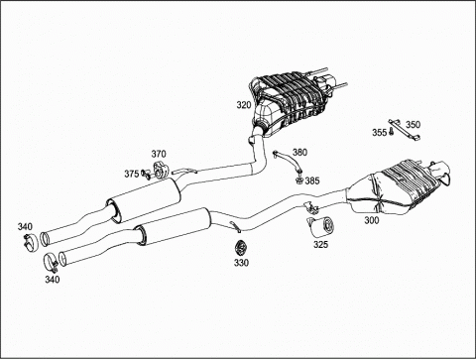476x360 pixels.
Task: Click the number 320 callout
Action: coord(244,105)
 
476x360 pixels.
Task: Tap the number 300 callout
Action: coord(372,220)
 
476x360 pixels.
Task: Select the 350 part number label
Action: coord(413,125)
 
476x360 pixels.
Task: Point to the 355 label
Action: coord(379,133)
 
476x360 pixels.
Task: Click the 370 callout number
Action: coord(159,154)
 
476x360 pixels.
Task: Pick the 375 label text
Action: coord(132,174)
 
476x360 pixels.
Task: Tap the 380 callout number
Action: coord(299,152)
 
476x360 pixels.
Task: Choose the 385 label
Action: coord(312,180)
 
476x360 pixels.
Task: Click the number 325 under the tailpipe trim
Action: coord(320,245)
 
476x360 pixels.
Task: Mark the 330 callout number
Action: coord(241,263)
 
